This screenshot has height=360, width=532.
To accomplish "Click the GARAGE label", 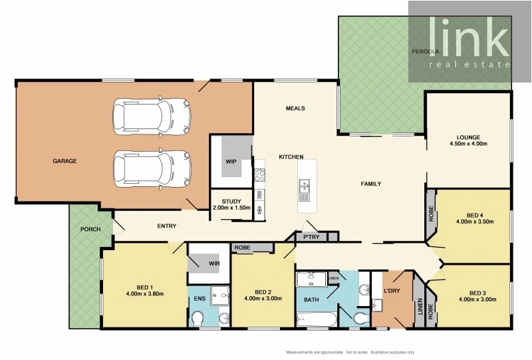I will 65,161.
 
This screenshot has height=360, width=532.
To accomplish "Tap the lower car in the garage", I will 152,167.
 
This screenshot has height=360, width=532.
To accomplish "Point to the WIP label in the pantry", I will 231,161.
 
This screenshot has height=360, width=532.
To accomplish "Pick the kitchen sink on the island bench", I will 305,188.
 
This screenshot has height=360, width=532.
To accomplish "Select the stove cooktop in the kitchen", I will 259,176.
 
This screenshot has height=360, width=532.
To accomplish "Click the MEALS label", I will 295,108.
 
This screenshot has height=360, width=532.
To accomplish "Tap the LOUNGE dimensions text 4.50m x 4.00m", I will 469,144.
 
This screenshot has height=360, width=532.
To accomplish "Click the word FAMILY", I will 370,184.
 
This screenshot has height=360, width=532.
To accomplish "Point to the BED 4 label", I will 475,215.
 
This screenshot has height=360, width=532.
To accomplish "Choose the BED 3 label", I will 478,293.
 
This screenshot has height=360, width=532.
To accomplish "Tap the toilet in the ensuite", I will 197,321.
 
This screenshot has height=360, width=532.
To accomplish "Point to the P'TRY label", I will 310,236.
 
